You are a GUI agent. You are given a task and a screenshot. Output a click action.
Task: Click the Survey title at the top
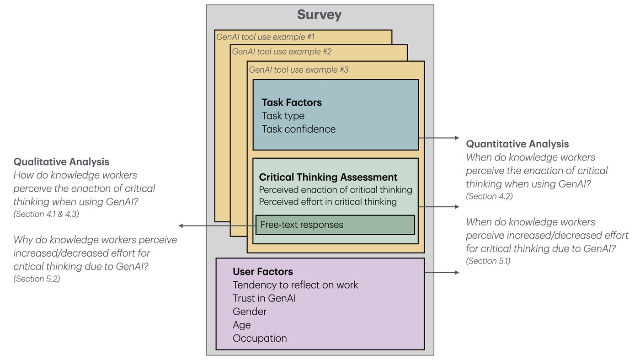319,15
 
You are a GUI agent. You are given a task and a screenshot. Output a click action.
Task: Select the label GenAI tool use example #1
266,37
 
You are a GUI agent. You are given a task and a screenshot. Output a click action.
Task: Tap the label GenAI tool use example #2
282,52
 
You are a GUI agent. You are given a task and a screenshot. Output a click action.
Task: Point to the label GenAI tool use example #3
299,70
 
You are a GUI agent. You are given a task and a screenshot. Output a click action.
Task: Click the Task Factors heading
292,102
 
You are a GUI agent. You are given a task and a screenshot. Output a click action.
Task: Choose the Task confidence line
299,129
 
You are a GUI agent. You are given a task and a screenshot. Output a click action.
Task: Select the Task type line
283,116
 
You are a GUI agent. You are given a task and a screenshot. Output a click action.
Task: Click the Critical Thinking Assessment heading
328,177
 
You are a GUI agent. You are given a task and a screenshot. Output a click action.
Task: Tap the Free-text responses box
335,225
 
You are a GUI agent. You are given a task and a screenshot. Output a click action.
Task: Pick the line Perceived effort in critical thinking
328,202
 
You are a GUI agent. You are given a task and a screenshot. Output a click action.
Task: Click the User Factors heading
263,272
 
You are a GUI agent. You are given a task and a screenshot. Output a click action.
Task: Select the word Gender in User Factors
250,312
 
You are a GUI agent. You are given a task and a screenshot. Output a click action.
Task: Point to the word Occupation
260,339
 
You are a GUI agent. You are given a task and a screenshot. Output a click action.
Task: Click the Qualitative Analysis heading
61,161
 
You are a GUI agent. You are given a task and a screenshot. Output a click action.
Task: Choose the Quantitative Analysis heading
517,144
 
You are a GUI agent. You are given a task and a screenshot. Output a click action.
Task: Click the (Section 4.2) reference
489,196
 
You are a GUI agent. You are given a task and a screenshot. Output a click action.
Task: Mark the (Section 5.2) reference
37,279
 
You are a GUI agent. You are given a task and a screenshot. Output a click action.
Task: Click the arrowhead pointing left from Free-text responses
181,226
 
